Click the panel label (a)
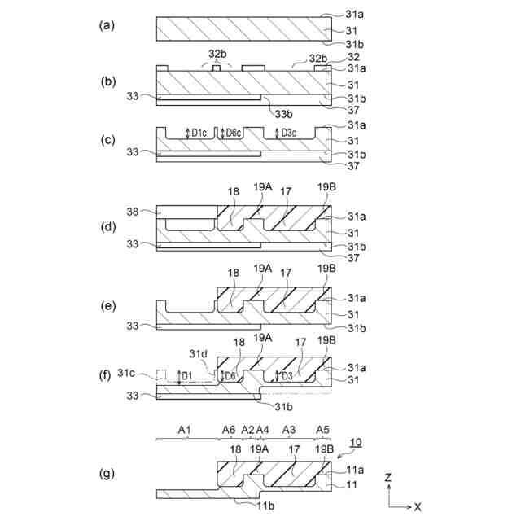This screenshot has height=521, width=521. pos(105,25)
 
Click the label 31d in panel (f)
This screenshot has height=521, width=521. pos(199,354)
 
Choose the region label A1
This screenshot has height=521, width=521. pos(184,429)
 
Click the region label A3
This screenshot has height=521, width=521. pos(288,429)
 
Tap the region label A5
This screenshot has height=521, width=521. pos(322,429)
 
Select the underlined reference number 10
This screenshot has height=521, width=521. pos(356,442)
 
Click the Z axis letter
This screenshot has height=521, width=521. pos(390,476)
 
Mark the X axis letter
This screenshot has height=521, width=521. pos(418,506)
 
